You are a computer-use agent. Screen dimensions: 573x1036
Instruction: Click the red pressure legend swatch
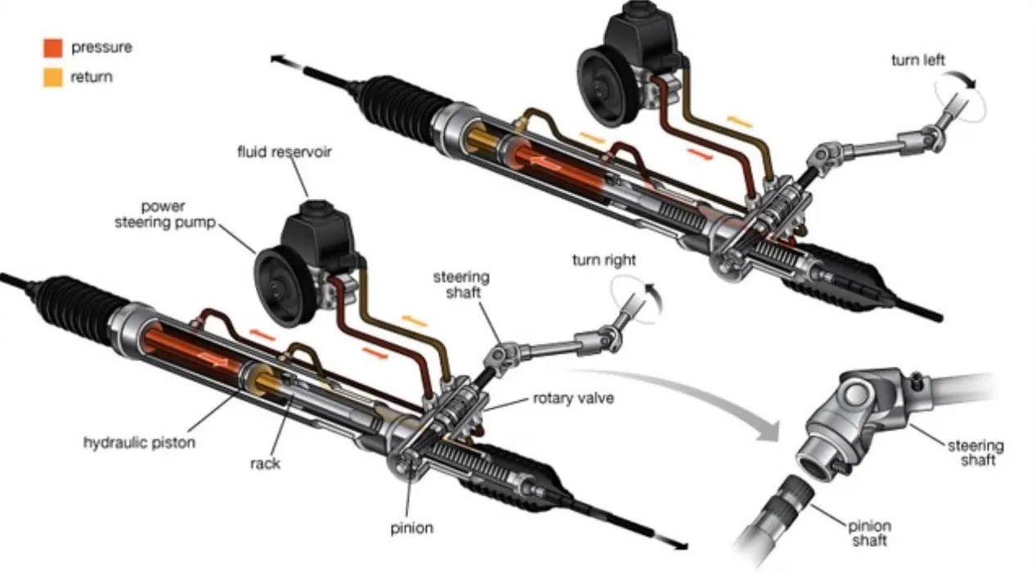pos(53,47)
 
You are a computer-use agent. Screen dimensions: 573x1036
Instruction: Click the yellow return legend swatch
pos(53,78)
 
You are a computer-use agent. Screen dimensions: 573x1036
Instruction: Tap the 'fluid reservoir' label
pos(284,152)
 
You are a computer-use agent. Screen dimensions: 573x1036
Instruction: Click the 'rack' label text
pos(264,463)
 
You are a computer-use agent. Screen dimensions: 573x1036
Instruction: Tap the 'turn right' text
pos(603,260)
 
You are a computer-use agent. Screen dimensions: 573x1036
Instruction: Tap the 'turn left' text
pos(919,60)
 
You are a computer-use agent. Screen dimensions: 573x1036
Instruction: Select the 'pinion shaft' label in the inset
pos(868,533)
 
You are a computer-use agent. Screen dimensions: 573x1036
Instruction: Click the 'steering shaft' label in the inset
pos(975,453)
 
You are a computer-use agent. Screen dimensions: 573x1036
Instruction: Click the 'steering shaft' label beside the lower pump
pos(461,284)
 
